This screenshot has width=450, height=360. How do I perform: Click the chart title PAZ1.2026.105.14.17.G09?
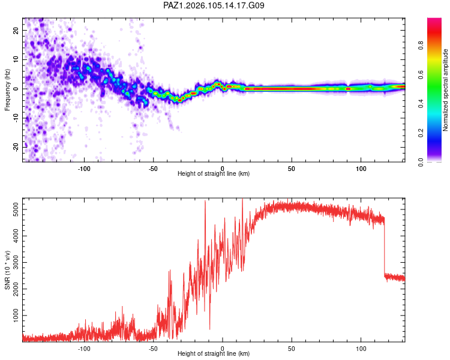(x=214, y=5)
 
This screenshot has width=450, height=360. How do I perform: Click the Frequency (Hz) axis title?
(x=7, y=90)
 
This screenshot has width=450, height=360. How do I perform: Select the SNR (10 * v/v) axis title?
(x=7, y=270)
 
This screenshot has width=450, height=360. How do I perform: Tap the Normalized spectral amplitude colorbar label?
(x=445, y=90)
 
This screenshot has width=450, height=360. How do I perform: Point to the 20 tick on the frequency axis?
(x=16, y=30)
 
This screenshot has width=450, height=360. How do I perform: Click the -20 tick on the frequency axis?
(x=16, y=147)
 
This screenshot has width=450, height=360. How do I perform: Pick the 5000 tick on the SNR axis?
(x=16, y=209)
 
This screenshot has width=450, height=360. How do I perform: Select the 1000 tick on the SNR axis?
(x=16, y=316)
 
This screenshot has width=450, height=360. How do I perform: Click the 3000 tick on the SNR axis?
(x=16, y=262)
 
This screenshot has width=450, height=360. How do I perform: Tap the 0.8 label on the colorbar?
(x=421, y=46)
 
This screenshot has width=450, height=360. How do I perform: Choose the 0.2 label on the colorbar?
(x=421, y=133)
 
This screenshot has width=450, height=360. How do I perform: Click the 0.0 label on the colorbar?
(x=421, y=162)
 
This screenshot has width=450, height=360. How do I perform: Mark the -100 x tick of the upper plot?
(x=84, y=169)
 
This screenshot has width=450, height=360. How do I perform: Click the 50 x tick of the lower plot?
(x=292, y=349)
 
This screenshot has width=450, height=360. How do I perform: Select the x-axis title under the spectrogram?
(x=214, y=173)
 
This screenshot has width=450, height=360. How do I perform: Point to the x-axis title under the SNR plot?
(x=214, y=353)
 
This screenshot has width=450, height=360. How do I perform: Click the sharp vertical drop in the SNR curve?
(x=384, y=247)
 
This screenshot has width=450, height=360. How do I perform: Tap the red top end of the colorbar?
(x=434, y=20)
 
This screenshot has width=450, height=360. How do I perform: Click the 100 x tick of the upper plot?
(x=361, y=169)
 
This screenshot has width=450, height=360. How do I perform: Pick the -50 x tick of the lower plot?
(x=153, y=349)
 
